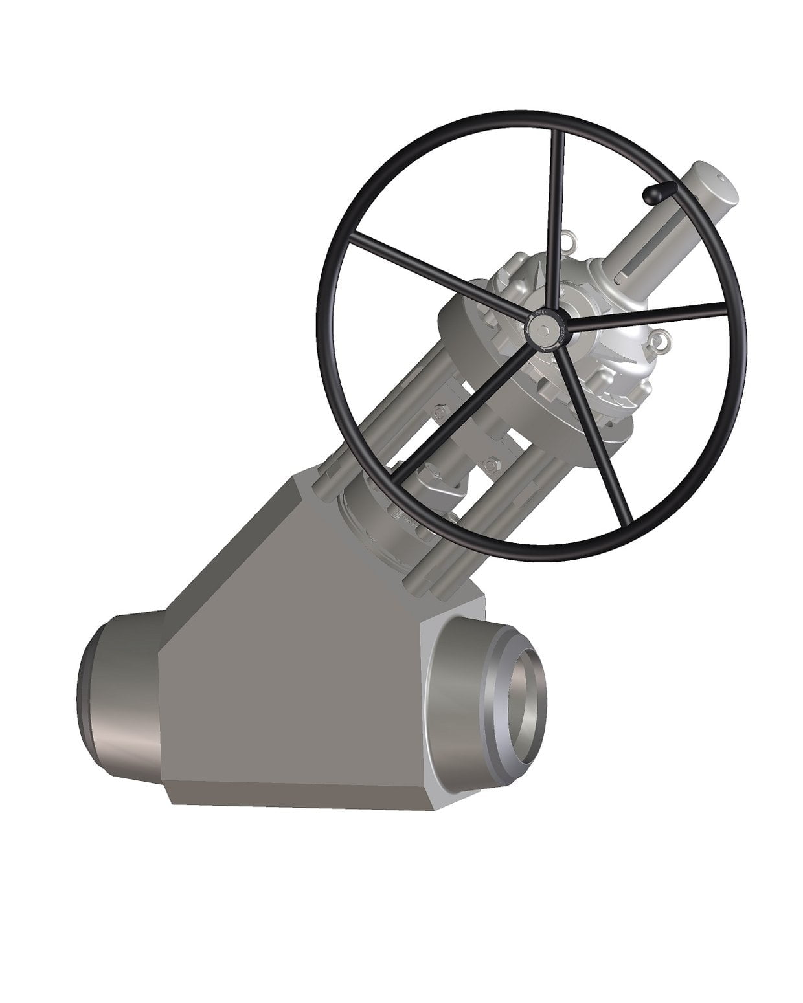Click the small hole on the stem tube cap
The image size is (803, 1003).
pos(721,175)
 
